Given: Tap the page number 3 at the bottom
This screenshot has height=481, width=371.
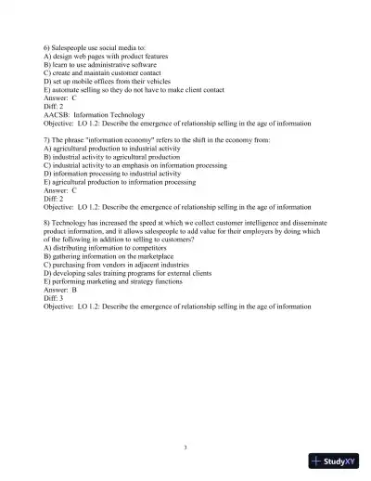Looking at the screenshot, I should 185,448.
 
